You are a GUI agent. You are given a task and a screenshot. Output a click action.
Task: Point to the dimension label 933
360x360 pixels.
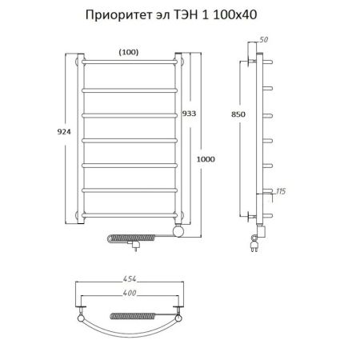click(x=189, y=113)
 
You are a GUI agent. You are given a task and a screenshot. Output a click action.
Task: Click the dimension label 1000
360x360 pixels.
click(x=206, y=158)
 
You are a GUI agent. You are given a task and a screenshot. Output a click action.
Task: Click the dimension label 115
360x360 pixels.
click(x=279, y=190)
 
